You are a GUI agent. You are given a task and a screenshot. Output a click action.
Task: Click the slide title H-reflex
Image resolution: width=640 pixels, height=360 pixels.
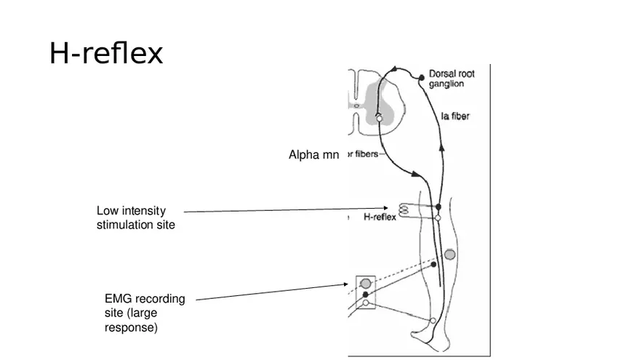point(106,53)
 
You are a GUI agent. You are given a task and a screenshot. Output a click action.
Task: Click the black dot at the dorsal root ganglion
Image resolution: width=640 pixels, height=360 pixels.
point(421,76)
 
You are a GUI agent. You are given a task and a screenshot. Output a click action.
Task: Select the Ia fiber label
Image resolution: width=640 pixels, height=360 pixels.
point(455,116)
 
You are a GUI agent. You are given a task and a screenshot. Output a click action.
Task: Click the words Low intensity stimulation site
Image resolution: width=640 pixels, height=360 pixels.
point(136,217)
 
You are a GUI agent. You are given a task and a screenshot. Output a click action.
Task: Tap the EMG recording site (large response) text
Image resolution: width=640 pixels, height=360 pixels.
point(145,313)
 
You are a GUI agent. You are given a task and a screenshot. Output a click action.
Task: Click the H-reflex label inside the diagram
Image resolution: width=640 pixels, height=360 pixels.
point(379,217)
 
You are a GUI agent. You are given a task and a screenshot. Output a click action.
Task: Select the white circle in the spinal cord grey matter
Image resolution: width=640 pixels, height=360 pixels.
point(379,119)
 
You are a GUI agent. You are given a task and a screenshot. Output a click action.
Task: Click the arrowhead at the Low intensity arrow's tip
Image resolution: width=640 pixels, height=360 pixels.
point(385,208)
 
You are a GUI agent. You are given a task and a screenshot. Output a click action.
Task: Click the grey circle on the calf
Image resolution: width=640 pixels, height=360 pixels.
point(450,255)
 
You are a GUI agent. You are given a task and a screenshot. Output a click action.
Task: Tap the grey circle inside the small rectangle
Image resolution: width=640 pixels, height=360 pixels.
point(365,283)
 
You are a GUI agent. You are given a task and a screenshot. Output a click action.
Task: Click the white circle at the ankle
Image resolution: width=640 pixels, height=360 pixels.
point(433,320)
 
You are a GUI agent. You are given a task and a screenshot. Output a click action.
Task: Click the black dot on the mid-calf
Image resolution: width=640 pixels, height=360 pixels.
point(433,265)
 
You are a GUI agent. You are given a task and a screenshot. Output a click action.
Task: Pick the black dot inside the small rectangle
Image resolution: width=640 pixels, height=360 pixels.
point(365,294)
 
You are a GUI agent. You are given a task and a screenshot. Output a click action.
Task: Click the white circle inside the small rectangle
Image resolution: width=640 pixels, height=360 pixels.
point(366,303)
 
